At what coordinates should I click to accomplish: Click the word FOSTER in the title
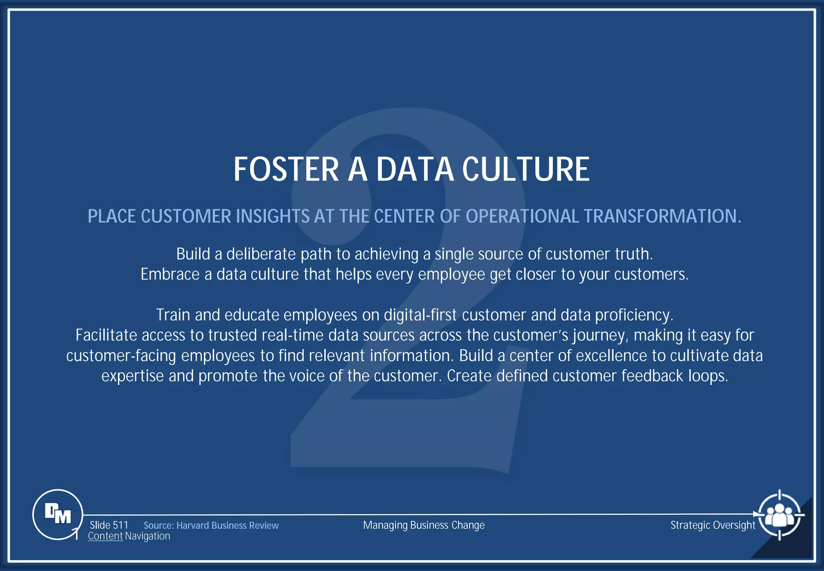286,170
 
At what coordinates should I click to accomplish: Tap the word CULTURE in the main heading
526,170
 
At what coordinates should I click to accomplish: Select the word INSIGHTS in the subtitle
272,216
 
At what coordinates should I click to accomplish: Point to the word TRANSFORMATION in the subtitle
662,216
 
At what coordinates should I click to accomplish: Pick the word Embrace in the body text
170,275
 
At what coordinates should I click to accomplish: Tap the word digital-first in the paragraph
420,315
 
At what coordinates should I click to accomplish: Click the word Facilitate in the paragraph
106,335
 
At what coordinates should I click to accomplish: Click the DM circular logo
58,514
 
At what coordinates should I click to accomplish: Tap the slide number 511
120,525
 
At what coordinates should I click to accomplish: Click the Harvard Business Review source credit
211,525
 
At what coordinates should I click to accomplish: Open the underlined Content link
105,536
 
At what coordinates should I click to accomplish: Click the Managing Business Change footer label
424,525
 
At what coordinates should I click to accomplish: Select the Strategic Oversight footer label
713,525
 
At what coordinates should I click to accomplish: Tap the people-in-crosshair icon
779,515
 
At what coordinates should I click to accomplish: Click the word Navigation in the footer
147,536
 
